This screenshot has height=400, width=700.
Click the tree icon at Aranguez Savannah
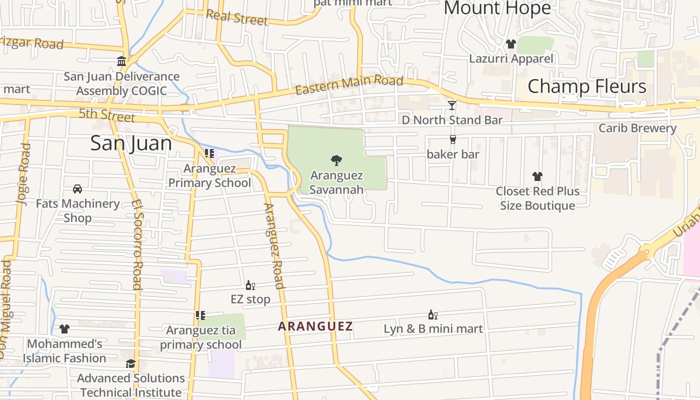[336, 160]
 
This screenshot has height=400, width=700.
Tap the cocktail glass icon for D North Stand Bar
[452, 105]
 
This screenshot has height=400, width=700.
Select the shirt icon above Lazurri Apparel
[510, 44]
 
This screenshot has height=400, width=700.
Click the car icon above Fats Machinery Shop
[77, 189]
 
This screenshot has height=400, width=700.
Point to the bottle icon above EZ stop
[250, 285]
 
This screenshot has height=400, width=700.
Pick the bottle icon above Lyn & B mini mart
[432, 315]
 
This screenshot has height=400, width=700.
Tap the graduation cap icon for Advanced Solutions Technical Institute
[130, 363]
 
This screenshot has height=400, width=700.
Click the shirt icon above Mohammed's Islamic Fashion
[64, 329]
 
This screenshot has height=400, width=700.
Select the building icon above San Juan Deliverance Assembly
[121, 61]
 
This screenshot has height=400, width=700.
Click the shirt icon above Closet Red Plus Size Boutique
[537, 176]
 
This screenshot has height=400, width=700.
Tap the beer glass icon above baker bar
[453, 139]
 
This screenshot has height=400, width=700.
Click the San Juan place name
[131, 143]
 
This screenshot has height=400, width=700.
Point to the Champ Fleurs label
[586, 86]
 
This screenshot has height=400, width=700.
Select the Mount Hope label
[497, 8]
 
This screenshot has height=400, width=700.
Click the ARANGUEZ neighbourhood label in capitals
[315, 326]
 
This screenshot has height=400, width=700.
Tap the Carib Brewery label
[637, 128]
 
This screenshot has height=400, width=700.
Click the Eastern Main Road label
[349, 85]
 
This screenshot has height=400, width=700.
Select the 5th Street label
[106, 115]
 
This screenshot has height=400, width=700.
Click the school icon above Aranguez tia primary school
[200, 315]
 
